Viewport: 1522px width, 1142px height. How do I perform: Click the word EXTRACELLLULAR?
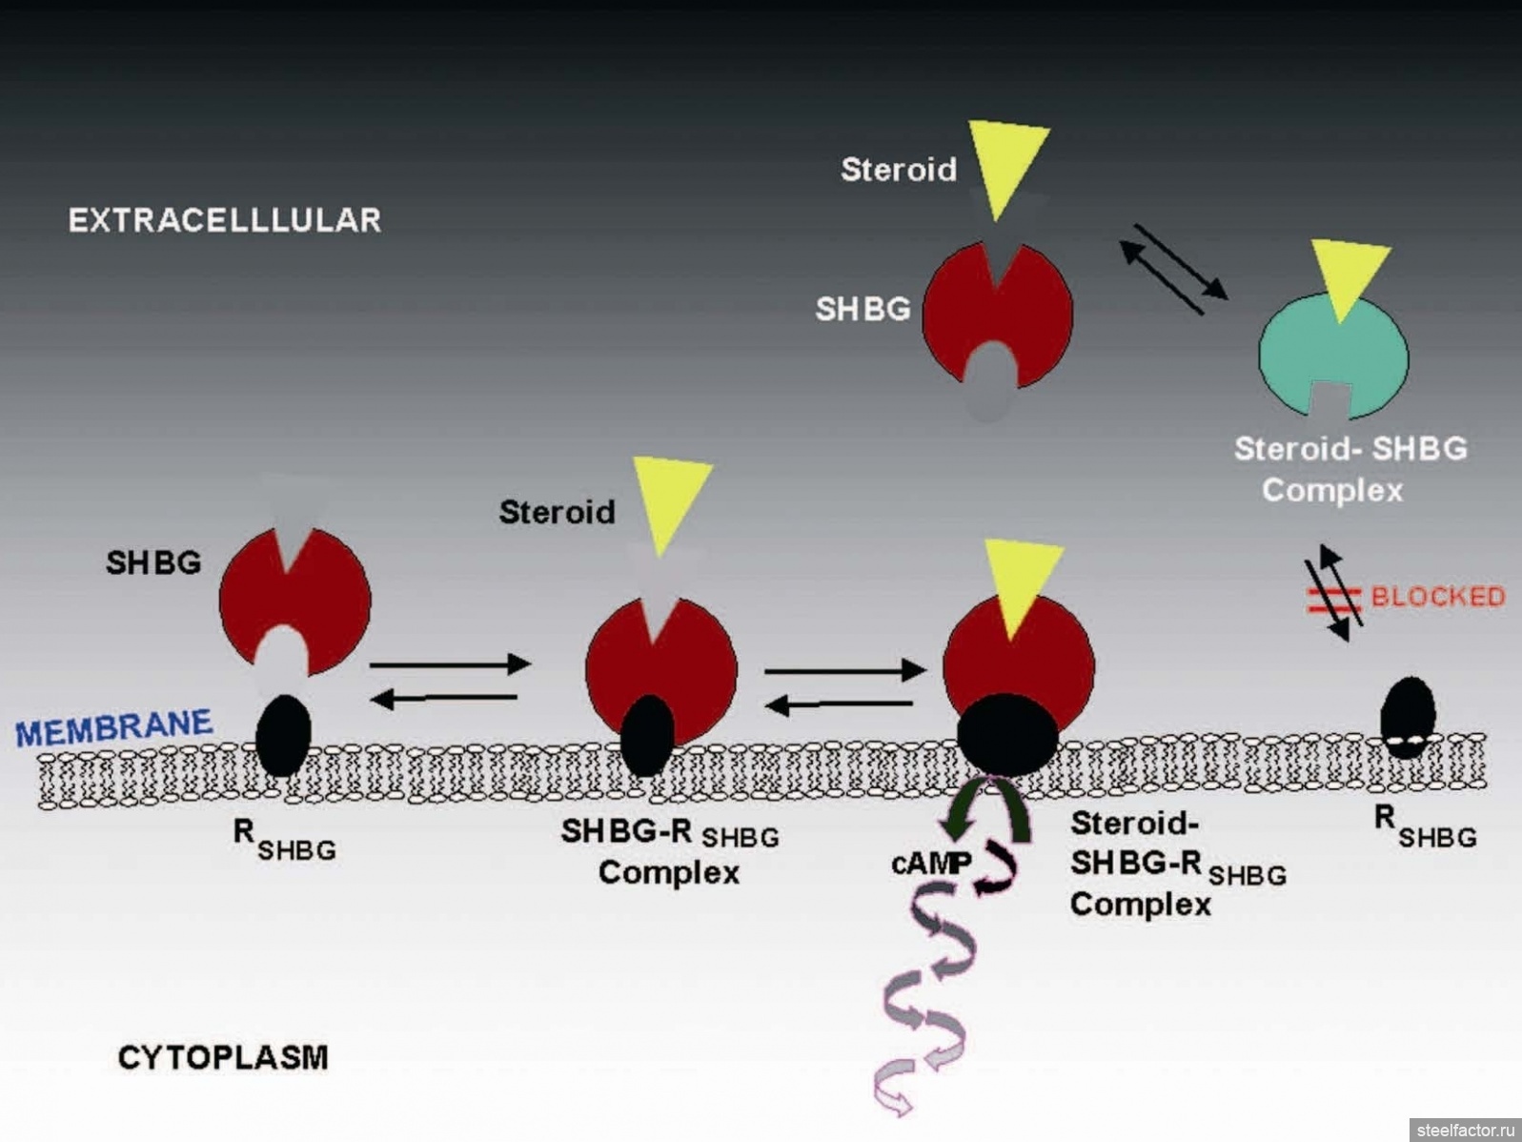click(225, 220)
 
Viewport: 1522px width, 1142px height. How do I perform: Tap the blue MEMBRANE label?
click(114, 727)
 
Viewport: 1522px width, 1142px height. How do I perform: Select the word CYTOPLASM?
click(223, 1057)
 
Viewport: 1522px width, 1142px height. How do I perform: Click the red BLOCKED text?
click(1438, 597)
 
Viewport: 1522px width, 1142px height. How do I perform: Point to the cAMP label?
click(931, 863)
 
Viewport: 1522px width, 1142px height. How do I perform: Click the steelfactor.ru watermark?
click(1466, 1130)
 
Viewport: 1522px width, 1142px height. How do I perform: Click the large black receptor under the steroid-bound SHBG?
click(1007, 735)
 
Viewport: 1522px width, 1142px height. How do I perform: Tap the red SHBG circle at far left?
click(294, 601)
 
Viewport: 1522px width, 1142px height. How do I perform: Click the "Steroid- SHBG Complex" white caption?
click(1350, 469)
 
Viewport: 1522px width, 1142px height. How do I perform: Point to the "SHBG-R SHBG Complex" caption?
click(670, 851)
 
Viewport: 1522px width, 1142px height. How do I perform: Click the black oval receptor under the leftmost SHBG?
click(283, 736)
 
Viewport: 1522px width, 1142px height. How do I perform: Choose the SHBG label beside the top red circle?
click(862, 309)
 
